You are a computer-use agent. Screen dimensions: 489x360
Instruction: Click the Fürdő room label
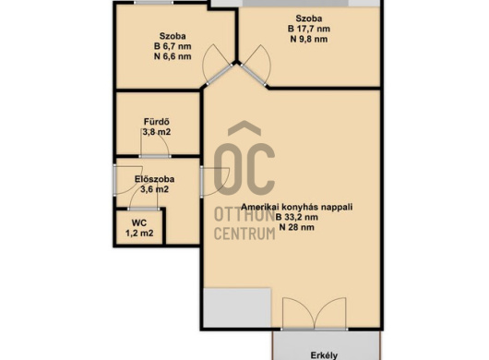[157, 121]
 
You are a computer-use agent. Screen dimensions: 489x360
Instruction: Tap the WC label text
[139, 222]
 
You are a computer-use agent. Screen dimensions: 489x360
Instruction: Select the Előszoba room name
[154, 179]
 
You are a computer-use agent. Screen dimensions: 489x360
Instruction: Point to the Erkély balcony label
[324, 355]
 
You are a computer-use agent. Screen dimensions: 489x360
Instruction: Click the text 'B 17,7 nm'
[309, 29]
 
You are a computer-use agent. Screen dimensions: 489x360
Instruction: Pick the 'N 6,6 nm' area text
[173, 56]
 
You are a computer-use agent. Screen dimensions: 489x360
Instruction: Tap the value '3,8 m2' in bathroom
[157, 132]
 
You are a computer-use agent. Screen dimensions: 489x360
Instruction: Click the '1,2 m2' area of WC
[139, 233]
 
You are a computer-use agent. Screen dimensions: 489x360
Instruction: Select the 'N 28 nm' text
[296, 227]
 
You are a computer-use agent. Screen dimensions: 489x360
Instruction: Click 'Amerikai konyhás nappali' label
[297, 207]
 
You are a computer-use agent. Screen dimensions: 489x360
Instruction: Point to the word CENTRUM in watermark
[244, 234]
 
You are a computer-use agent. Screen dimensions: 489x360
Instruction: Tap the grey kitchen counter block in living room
[237, 307]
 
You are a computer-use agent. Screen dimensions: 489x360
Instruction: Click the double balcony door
[315, 314]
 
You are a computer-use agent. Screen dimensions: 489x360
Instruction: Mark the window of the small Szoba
[153, 3]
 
